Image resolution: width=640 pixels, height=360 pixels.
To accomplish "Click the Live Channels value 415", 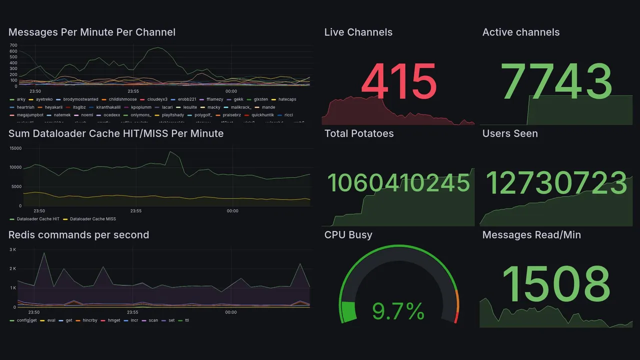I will pos(398,81).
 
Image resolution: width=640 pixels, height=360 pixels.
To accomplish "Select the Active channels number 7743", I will pos(557,81).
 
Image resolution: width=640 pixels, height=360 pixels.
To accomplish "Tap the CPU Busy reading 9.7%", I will pos(398,311).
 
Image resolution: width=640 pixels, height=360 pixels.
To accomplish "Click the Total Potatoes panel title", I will pos(358,133).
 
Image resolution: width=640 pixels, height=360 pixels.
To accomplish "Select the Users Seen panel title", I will pos(509,133).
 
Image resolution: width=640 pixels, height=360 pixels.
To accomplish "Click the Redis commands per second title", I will pos(78,235).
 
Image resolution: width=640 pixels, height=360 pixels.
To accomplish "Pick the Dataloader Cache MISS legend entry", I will pos(92,219).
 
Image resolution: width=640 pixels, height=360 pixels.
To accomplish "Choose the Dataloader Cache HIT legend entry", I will pos(38,219).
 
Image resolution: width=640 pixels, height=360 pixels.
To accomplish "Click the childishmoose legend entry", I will pos(122,99).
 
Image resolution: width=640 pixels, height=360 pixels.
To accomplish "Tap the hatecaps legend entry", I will pos(287,99).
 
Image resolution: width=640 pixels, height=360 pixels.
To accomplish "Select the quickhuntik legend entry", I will pos(262,115).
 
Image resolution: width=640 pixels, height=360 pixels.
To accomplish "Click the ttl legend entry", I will pos(187,320).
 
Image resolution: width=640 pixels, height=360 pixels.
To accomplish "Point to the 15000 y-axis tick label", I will pos(15,148).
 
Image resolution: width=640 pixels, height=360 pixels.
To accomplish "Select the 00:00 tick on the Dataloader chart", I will pos(232,211).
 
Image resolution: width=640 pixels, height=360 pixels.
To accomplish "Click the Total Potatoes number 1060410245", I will pos(398,183).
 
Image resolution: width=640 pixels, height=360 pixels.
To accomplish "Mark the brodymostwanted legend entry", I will pos(80,99).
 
